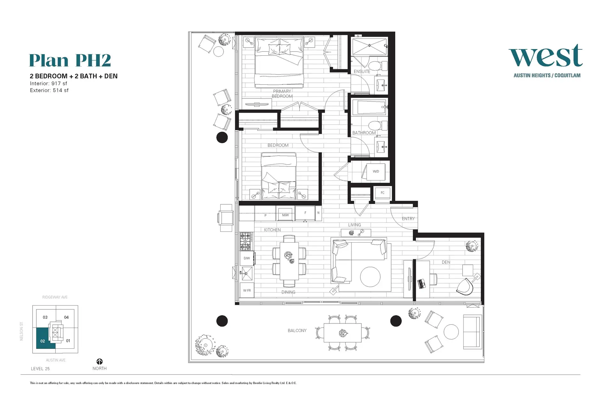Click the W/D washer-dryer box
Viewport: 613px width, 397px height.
pyautogui.click(x=376, y=172)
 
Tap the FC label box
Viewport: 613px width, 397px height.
pyautogui.click(x=382, y=193)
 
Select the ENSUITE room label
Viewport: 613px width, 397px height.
pyautogui.click(x=362, y=72)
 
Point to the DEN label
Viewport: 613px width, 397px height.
pyautogui.click(x=446, y=262)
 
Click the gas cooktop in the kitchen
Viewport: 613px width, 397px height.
pyautogui.click(x=246, y=241)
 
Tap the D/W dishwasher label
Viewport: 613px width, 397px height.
pyautogui.click(x=247, y=258)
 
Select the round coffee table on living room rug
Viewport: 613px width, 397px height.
pyautogui.click(x=370, y=277)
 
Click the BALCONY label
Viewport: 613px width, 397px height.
pyautogui.click(x=297, y=331)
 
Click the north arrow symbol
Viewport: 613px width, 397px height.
pyautogui.click(x=100, y=362)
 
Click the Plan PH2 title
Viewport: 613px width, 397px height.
pyautogui.click(x=70, y=60)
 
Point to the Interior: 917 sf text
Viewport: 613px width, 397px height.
pyautogui.click(x=49, y=83)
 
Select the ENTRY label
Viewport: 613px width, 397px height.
pyautogui.click(x=408, y=219)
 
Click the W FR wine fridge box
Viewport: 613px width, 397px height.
pyautogui.click(x=247, y=291)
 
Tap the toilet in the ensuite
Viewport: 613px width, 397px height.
pyautogui.click(x=379, y=66)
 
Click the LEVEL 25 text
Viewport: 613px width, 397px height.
pyautogui.click(x=40, y=369)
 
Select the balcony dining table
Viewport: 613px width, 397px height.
pyautogui.click(x=342, y=333)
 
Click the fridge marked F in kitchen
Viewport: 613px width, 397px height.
pyautogui.click(x=305, y=213)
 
